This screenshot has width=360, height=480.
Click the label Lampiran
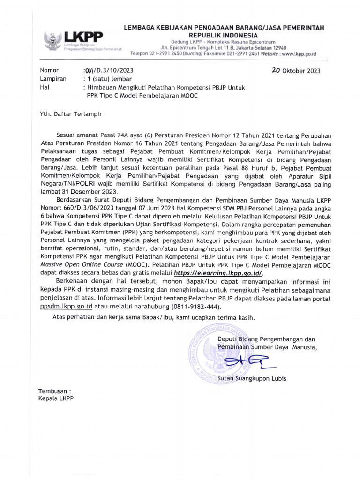pos(53,79)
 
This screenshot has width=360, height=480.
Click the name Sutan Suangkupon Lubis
pos(255,378)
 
